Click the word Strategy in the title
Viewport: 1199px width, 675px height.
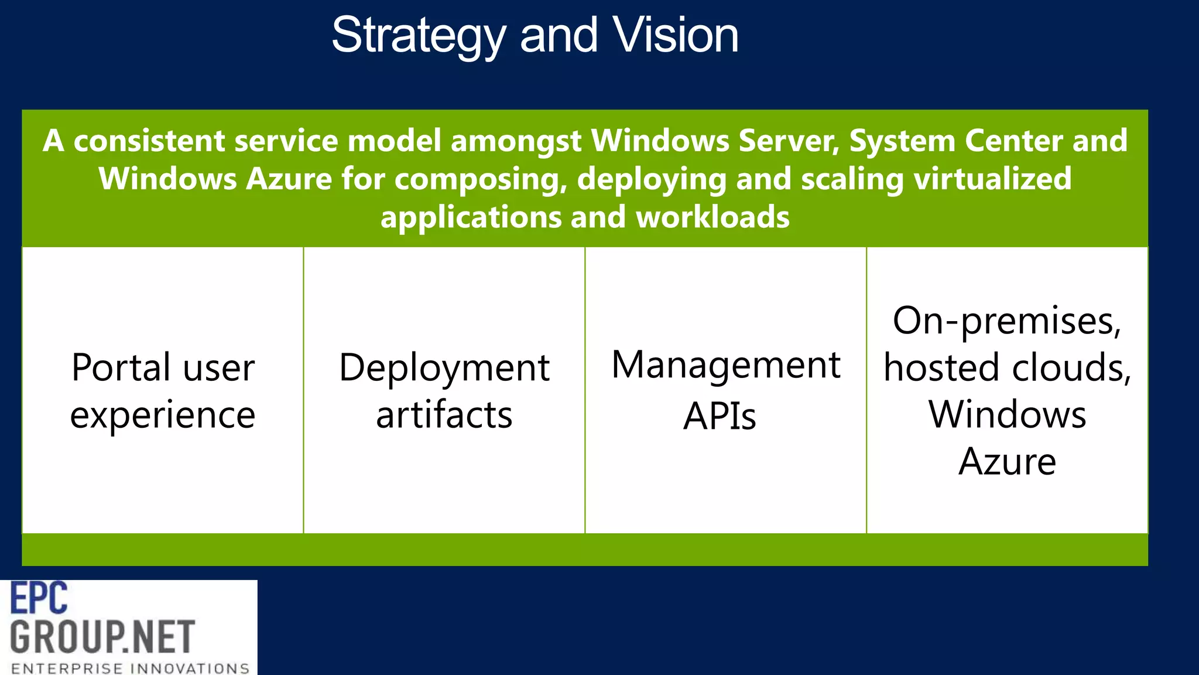coord(418,36)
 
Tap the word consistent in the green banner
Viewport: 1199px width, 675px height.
coord(149,141)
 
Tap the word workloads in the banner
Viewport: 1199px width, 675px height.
coord(712,217)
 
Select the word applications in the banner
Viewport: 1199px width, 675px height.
coord(471,217)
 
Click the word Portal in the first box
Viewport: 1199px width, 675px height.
coord(121,368)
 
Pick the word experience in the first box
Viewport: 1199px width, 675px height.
coord(163,415)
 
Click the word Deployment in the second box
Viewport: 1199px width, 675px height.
coord(444,368)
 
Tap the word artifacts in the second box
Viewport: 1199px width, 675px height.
coord(444,415)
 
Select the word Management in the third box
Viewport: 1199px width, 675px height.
coord(725,365)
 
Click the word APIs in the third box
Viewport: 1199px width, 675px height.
coord(720,416)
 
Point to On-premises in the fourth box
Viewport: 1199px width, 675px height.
coord(1006,321)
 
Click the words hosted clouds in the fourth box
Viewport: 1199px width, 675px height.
coord(1006,368)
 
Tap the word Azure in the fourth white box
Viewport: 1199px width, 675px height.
coord(1007,462)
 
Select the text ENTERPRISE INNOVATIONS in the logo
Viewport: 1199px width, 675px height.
coord(130,668)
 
